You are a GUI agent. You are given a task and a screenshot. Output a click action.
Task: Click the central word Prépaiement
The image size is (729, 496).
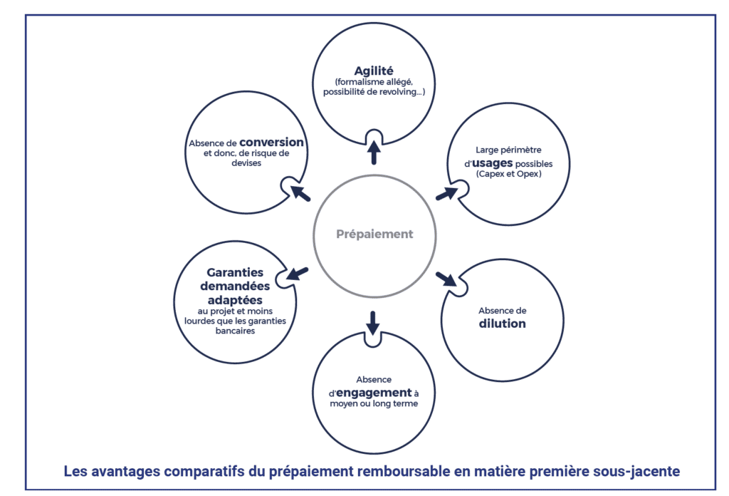(x=374, y=234)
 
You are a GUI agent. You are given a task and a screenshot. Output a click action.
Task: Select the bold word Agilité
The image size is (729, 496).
(x=374, y=71)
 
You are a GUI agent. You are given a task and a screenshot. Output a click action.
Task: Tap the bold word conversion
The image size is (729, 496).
(x=271, y=142)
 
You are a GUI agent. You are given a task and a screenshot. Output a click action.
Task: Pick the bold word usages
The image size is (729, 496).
(x=492, y=162)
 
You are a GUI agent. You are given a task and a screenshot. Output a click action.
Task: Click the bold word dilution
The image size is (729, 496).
(x=502, y=324)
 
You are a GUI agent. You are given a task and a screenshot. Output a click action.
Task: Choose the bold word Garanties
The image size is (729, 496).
(x=235, y=272)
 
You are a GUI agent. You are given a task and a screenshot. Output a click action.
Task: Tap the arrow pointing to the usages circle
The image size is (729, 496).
(x=446, y=193)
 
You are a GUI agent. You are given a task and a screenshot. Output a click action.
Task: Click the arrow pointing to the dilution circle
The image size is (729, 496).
(x=446, y=277)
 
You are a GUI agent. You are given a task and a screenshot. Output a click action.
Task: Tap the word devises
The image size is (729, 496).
(x=247, y=163)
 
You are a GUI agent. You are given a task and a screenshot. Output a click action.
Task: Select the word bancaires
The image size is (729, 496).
(x=235, y=331)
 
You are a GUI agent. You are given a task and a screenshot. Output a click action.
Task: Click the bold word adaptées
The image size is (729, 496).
(x=235, y=299)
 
